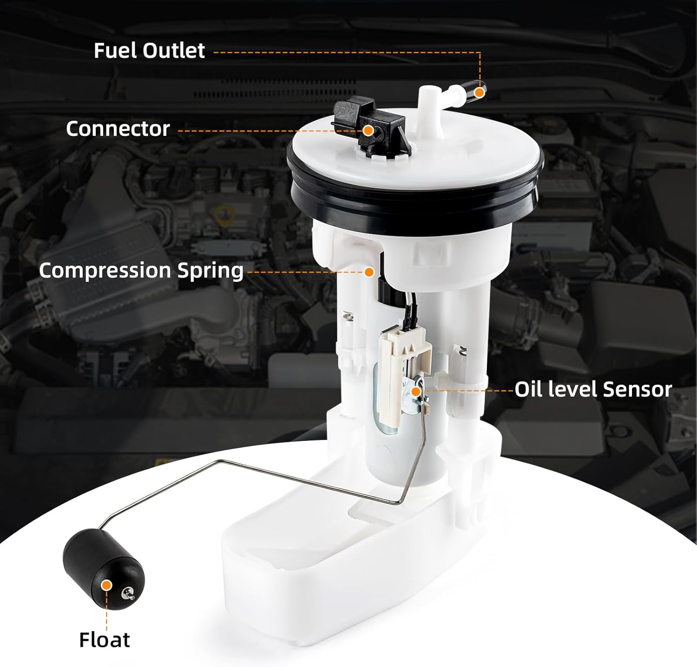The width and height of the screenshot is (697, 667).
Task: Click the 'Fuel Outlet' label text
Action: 149,51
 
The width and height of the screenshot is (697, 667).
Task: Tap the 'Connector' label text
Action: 118,129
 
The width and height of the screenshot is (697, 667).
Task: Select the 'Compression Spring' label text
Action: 141,271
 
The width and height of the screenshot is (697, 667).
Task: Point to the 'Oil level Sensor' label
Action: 593,389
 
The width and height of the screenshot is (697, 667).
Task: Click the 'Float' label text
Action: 105,640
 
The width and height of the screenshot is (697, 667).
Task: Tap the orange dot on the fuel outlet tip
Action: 480,93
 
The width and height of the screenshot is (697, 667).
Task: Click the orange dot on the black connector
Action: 368,130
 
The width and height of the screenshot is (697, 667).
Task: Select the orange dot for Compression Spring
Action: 369,272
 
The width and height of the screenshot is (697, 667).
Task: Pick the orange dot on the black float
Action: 107,585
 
